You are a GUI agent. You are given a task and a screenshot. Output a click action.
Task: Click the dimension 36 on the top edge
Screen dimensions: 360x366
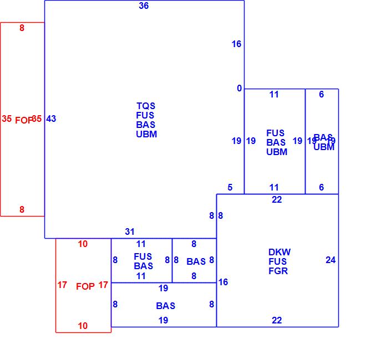coord(144,6)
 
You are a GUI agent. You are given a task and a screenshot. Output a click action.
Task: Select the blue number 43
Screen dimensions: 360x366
coord(51,119)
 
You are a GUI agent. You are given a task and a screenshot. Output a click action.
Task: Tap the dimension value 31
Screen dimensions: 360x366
coord(129,232)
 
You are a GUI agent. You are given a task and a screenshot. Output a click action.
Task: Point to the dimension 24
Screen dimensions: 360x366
coord(331,260)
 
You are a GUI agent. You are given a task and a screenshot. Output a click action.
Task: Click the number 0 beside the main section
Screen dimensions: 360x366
coord(240,89)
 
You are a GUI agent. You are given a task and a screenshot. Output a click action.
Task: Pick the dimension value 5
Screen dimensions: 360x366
coord(230,188)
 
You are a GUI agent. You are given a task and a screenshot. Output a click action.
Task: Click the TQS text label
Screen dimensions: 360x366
coord(146,106)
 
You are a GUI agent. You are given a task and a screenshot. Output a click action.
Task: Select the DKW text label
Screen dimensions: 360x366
coord(279,252)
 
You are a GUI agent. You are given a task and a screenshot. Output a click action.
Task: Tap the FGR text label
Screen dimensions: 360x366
coord(278,271)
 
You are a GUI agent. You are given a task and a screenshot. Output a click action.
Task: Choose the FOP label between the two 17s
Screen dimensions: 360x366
coord(85,286)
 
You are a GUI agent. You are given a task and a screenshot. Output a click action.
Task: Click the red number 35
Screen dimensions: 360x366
coord(7,119)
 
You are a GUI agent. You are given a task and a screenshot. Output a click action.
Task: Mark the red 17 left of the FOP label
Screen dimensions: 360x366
coord(62,285)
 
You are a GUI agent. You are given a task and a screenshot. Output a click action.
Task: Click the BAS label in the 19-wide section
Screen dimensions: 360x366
coord(165,306)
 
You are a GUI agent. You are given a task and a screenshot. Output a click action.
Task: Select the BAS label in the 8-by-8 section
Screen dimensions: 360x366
coord(196,261)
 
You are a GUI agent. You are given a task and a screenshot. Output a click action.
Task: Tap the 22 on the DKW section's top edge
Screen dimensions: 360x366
coord(277,200)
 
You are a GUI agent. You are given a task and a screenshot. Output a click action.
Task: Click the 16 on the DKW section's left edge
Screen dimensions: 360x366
coord(223,282)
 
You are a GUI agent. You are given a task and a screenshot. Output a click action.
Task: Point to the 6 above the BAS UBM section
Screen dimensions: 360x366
coord(321,95)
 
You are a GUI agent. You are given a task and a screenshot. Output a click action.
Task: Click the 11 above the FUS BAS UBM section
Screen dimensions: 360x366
coord(274,95)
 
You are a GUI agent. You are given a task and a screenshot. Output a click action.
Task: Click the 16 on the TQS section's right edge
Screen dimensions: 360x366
coord(237,44)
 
